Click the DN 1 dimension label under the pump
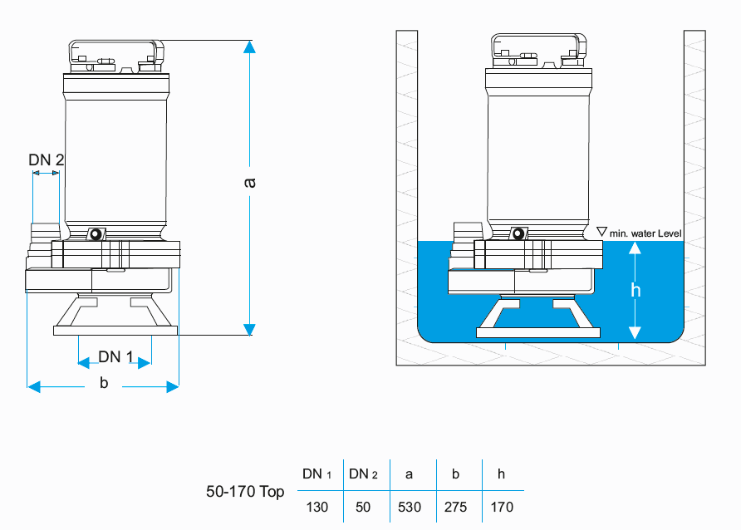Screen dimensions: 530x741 pyautogui.click(x=115, y=356)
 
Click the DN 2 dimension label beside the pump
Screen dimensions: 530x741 pyautogui.click(x=47, y=159)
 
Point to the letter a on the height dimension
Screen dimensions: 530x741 pyautogui.click(x=249, y=182)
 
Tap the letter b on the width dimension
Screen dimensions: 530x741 pyautogui.click(x=104, y=382)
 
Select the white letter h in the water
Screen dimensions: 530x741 pyautogui.click(x=636, y=290)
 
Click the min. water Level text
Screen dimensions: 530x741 pyautogui.click(x=645, y=233)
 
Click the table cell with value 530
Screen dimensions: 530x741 pyautogui.click(x=409, y=506)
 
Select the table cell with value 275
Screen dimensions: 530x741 pyautogui.click(x=455, y=506)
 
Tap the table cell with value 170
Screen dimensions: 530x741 pyautogui.click(x=501, y=506)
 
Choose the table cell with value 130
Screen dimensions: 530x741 pyautogui.click(x=317, y=506)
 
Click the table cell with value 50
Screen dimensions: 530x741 pyautogui.click(x=363, y=506)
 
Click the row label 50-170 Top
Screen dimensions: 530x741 pyautogui.click(x=245, y=491)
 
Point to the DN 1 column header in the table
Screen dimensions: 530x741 pyautogui.click(x=317, y=474)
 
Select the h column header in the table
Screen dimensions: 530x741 pyautogui.click(x=501, y=474)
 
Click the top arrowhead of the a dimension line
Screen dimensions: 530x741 pyautogui.click(x=249, y=47)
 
